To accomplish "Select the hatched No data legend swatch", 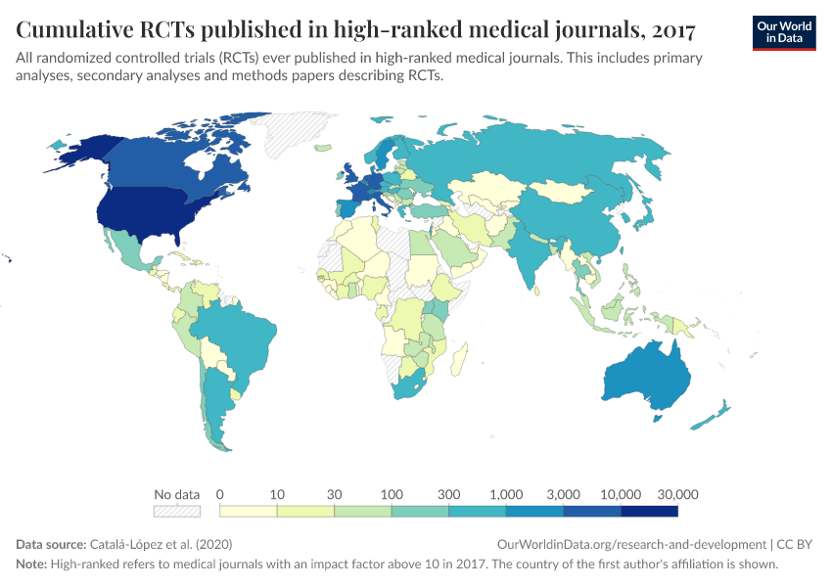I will pyautogui.click(x=177, y=511).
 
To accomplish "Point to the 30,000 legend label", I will pyautogui.click(x=677, y=494).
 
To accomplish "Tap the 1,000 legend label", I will pyautogui.click(x=506, y=494).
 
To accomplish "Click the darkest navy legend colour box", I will pyautogui.click(x=649, y=511).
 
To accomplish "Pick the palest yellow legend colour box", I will pyautogui.click(x=249, y=511).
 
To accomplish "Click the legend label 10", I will pyautogui.click(x=277, y=494).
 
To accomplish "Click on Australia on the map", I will pyautogui.click(x=647, y=378).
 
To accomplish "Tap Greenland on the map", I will pyautogui.click(x=294, y=132).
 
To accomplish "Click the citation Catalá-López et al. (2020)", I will pyautogui.click(x=161, y=544).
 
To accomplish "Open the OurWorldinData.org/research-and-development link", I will pyautogui.click(x=631, y=544).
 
